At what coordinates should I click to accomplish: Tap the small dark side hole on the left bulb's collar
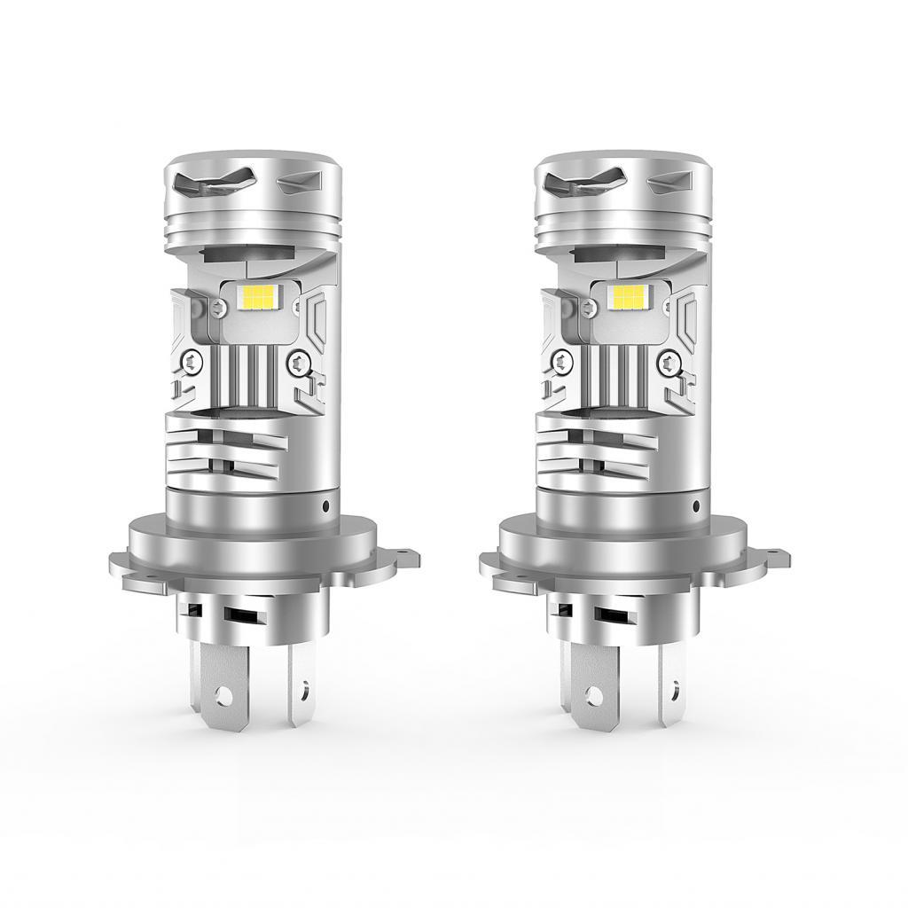pyautogui.click(x=326, y=505)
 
